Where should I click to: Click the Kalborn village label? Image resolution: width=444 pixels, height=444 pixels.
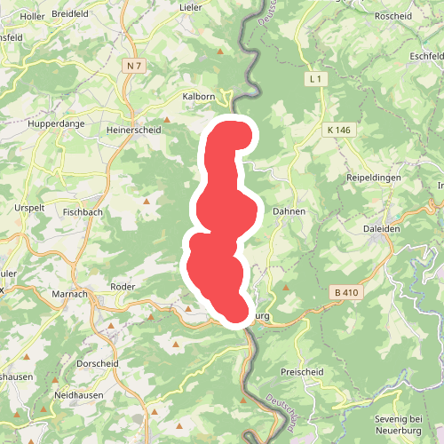point(199,96)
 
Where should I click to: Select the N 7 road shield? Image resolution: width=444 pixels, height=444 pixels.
point(134,66)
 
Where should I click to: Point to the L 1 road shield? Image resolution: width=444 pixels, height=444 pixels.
point(314,79)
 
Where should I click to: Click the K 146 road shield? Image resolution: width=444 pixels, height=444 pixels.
point(338,130)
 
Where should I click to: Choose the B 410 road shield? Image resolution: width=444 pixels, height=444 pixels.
point(345,291)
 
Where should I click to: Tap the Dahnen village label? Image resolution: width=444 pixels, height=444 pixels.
point(289,212)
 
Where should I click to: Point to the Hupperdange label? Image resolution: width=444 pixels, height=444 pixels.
point(57,124)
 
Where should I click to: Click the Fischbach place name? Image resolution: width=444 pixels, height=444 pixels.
point(84,213)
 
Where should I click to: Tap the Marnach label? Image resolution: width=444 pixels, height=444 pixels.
point(68,294)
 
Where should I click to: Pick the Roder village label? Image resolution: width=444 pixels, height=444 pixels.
point(122,287)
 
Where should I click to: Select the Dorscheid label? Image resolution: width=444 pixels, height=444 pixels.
point(99,363)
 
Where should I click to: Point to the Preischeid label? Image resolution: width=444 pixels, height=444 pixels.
point(303,373)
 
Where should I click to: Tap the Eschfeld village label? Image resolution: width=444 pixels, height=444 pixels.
point(427,57)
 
